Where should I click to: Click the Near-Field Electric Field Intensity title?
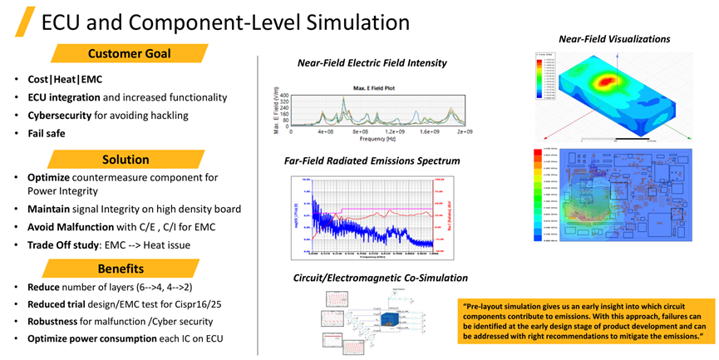tap(372, 63)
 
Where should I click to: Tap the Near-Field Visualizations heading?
tap(613, 38)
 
